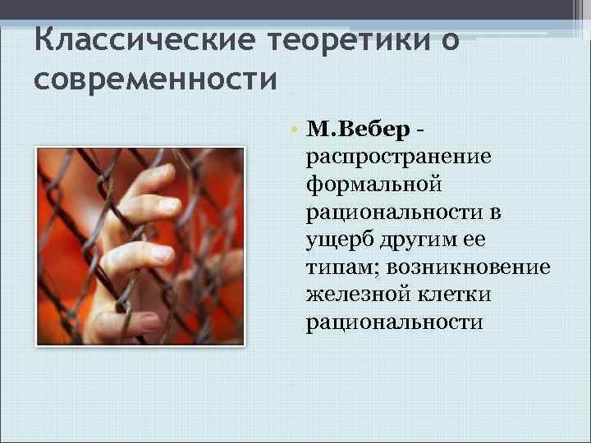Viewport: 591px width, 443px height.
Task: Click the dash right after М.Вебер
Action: click(x=420, y=130)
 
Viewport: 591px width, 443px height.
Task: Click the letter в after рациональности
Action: click(x=497, y=212)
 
